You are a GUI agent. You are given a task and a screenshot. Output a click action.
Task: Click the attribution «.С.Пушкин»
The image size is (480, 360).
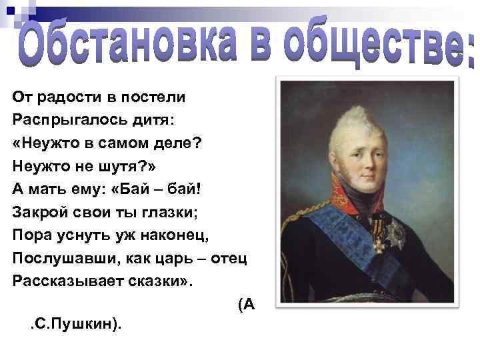73,325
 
